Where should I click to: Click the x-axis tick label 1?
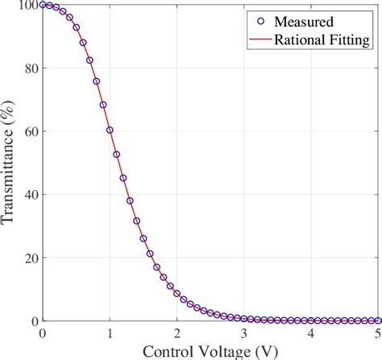point(110,332)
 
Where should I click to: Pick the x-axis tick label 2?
point(176,332)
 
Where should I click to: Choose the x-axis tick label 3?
point(244,332)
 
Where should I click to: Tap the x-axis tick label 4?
point(311,332)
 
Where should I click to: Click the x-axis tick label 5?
point(376,332)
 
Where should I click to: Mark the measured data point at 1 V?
point(110,130)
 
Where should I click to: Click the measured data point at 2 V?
point(176,294)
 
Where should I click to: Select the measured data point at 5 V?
point(378,320)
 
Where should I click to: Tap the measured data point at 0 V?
point(43,5)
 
